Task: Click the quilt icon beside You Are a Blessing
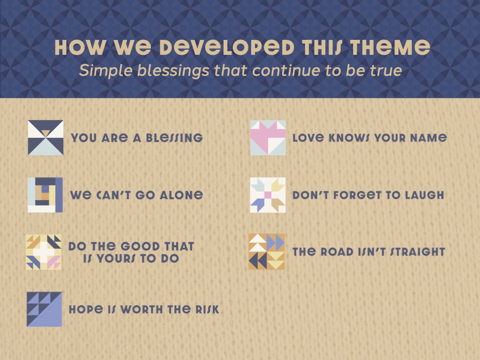coord(45,137)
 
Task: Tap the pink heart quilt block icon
coord(268,137)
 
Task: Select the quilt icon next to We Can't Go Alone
coord(45,195)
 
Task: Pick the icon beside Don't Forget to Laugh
coord(268,195)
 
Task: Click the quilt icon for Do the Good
coord(44,252)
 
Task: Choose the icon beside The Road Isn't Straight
coord(267,252)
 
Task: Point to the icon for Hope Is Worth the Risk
coord(45,309)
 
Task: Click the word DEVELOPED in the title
coord(227,47)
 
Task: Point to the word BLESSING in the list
coord(174,138)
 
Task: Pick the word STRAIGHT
coord(417,252)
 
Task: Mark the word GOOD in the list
coord(140,247)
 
